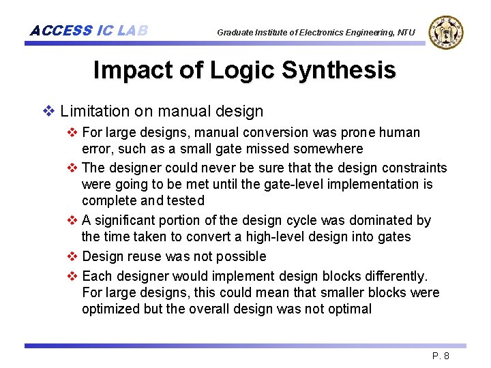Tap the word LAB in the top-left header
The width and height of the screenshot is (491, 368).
(132, 31)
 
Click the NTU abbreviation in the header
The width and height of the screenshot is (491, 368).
(406, 32)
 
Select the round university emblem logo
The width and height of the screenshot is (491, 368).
(446, 32)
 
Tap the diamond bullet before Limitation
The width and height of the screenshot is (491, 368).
(48, 110)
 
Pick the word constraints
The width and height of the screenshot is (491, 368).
(415, 168)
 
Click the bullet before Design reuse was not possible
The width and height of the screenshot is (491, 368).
(73, 256)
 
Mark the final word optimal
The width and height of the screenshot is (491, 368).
(348, 309)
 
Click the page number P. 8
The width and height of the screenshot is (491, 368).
(441, 356)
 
